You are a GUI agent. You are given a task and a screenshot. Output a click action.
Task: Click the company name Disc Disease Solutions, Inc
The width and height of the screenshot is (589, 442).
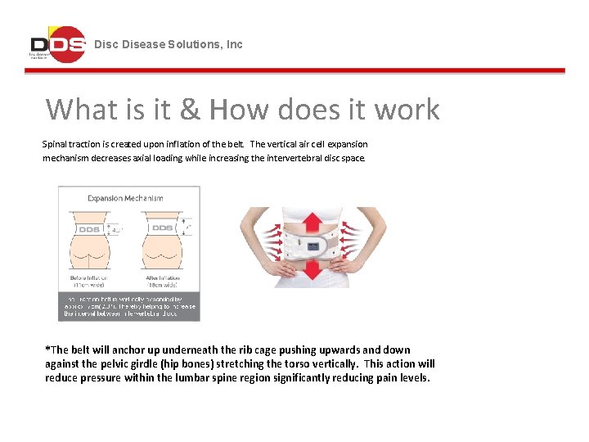[x=169, y=44]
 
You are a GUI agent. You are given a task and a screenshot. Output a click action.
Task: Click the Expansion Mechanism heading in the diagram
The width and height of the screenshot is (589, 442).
[x=125, y=198]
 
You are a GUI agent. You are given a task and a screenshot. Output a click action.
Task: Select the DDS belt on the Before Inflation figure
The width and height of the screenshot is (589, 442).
[x=89, y=230]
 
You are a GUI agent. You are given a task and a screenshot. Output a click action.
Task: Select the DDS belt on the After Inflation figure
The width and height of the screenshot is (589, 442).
[x=161, y=228]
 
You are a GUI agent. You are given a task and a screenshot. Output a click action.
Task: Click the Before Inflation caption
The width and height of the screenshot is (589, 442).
[x=91, y=282]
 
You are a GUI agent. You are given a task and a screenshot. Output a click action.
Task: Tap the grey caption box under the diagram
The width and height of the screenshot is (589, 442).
[x=128, y=306]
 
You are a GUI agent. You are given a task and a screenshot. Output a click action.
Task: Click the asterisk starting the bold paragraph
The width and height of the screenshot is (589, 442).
[x=47, y=350]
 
